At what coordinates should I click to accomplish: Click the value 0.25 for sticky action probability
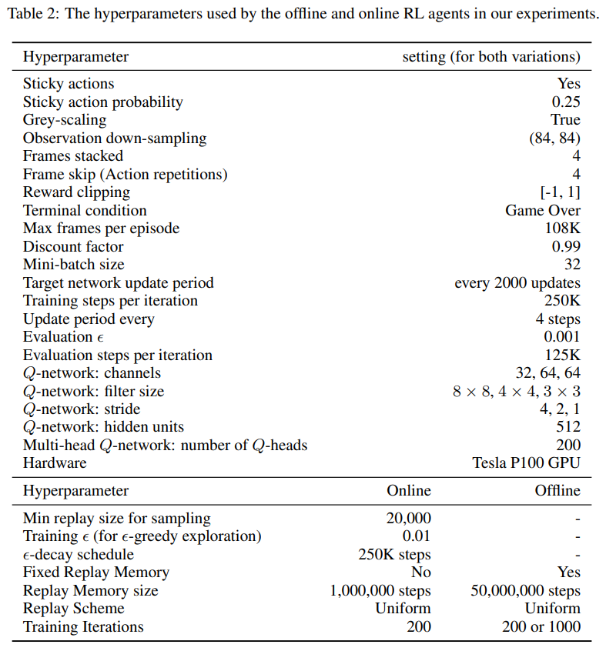566,102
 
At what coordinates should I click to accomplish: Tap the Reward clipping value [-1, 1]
560,192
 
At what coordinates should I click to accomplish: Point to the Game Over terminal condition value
543,211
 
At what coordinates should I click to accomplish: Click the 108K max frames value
563,229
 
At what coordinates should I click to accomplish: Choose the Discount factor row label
73,247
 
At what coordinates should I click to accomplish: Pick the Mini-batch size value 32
572,265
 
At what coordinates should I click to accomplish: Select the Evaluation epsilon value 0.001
562,337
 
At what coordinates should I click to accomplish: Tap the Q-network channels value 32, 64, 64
548,373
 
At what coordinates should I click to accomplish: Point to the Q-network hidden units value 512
568,427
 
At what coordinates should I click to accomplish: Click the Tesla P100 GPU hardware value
527,463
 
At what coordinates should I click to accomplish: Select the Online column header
409,491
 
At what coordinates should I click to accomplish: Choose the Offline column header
557,491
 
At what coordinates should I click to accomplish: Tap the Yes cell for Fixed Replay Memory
568,573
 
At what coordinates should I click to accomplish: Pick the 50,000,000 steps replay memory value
525,591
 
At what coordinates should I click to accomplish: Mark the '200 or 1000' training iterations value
541,627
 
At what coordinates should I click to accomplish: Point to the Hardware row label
55,463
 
